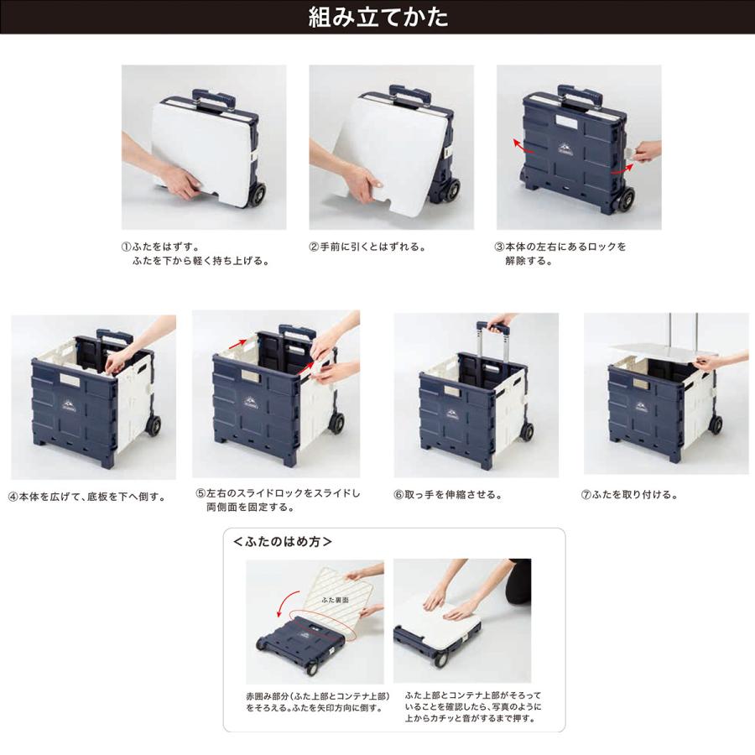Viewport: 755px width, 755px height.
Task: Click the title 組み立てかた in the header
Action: [x=377, y=18]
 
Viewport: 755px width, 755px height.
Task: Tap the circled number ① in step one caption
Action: [x=127, y=247]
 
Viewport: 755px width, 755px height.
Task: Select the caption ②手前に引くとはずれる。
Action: [x=367, y=247]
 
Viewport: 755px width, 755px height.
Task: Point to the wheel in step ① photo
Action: [x=255, y=195]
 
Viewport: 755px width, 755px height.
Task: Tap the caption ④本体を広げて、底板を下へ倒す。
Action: [x=87, y=496]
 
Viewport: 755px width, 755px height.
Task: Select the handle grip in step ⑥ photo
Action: [x=494, y=324]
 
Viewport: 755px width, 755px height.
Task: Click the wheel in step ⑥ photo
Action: [x=526, y=431]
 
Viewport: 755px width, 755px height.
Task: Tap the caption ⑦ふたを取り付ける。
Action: [x=629, y=495]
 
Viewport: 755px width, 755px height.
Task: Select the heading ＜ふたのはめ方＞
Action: [x=282, y=542]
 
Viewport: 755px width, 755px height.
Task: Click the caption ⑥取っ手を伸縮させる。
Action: [x=447, y=495]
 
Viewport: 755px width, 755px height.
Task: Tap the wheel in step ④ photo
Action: [x=153, y=424]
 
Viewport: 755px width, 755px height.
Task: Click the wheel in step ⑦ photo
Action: [x=715, y=424]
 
